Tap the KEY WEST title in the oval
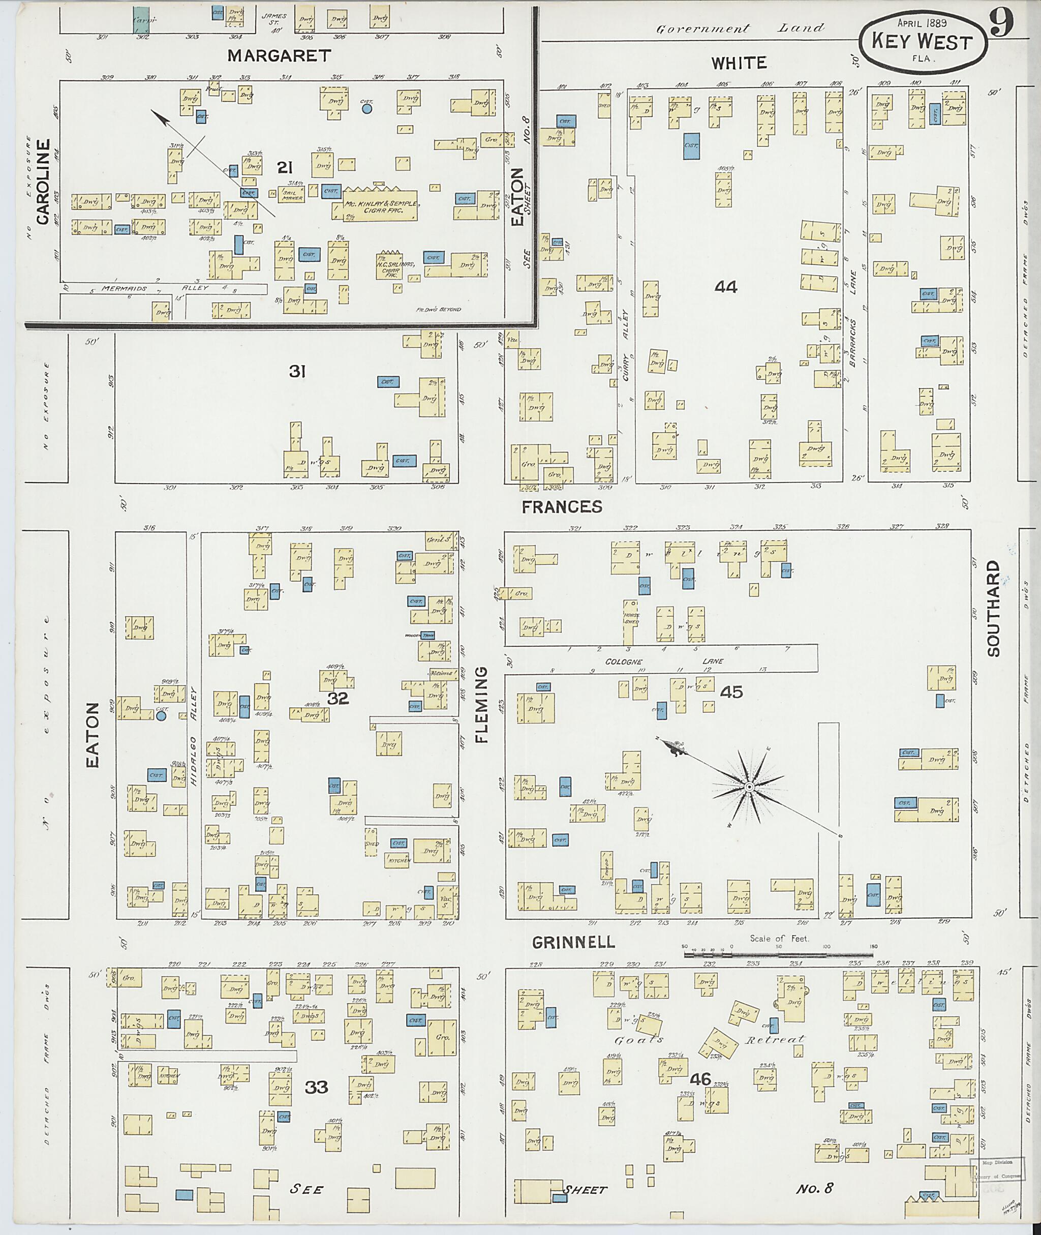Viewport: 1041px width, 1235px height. click(x=923, y=43)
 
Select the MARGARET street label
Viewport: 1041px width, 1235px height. click(x=280, y=56)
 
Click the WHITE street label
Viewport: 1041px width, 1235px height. click(x=738, y=63)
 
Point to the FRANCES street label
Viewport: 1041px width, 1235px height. click(x=562, y=506)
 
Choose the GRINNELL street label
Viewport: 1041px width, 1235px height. click(x=565, y=942)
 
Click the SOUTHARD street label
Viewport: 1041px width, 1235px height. click(x=993, y=608)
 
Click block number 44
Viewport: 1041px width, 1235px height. click(x=725, y=287)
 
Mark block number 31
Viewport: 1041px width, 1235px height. click(x=297, y=371)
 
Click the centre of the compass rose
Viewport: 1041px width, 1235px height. click(x=748, y=787)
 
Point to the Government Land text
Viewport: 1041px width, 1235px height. click(x=740, y=28)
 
